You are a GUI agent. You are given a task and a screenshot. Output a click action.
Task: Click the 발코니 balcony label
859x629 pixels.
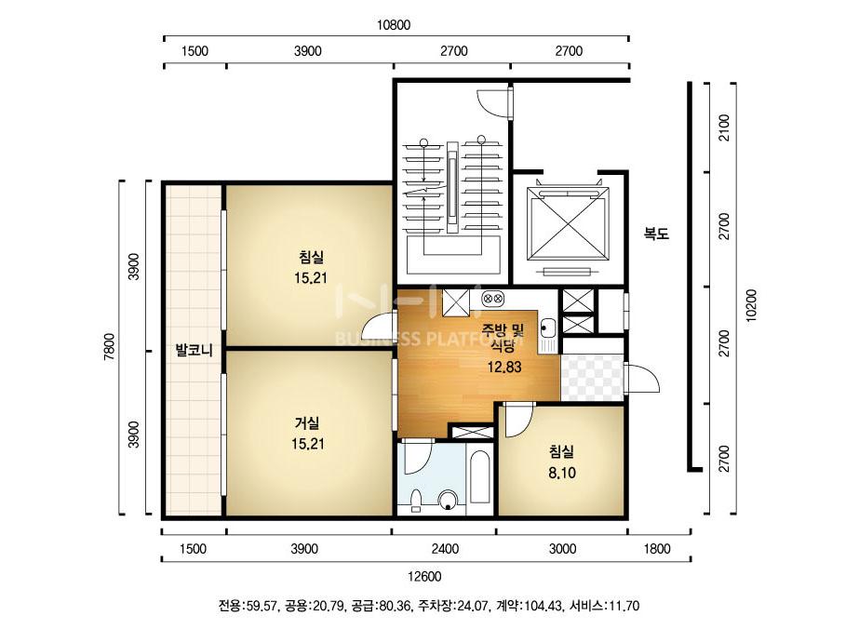pos(195,351)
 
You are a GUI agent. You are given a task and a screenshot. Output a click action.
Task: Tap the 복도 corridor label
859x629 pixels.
pos(657,234)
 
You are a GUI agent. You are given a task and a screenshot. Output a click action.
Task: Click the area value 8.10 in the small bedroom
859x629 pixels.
pos(560,472)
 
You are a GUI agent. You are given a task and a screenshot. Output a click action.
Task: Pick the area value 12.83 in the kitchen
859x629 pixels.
pos(504,366)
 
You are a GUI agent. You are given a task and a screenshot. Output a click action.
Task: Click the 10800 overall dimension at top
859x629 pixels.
pos(394,26)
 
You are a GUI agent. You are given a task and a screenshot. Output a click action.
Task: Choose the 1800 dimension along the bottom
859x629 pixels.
pos(657,549)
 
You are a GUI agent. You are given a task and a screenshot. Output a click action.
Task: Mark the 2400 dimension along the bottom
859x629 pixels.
pos(443,549)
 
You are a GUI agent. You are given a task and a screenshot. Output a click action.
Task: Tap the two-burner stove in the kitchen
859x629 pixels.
pos(493,299)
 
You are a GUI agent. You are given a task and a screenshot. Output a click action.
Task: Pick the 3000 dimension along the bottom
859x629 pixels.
pos(562,549)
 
